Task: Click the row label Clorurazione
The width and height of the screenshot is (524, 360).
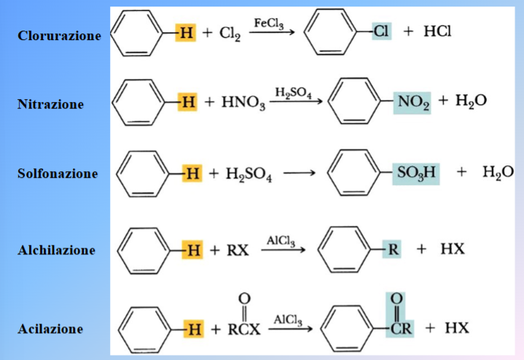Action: coord(59,36)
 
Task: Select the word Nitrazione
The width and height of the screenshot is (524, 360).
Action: coord(50,104)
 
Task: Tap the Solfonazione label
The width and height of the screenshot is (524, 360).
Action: coord(58,173)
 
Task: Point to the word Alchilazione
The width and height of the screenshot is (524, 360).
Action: coord(56,250)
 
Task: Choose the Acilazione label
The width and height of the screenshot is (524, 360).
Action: coord(50,329)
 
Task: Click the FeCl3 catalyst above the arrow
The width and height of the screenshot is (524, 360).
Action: coord(269,24)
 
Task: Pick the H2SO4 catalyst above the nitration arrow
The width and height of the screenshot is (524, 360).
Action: coord(294,93)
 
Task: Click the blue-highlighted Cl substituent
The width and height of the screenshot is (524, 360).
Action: coord(381,31)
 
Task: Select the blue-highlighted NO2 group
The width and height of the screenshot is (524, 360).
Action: coord(412,102)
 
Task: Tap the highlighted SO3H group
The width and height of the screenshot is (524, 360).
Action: coord(416,174)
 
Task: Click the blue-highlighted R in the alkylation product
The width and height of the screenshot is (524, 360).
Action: coord(392,249)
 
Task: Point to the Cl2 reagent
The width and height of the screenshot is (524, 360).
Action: coord(230,34)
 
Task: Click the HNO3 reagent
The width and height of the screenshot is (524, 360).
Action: coord(243,103)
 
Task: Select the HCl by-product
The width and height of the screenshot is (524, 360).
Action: coord(437,31)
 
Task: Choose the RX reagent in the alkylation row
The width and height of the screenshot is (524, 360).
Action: coord(238,250)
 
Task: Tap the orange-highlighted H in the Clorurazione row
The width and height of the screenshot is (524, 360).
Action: coord(186,32)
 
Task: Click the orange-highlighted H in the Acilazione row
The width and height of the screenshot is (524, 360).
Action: coord(194,329)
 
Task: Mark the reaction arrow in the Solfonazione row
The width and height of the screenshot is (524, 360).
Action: coord(300,173)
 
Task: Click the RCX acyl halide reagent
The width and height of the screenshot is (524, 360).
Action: coord(244,316)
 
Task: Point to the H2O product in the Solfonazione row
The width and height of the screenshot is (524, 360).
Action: coord(498,173)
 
